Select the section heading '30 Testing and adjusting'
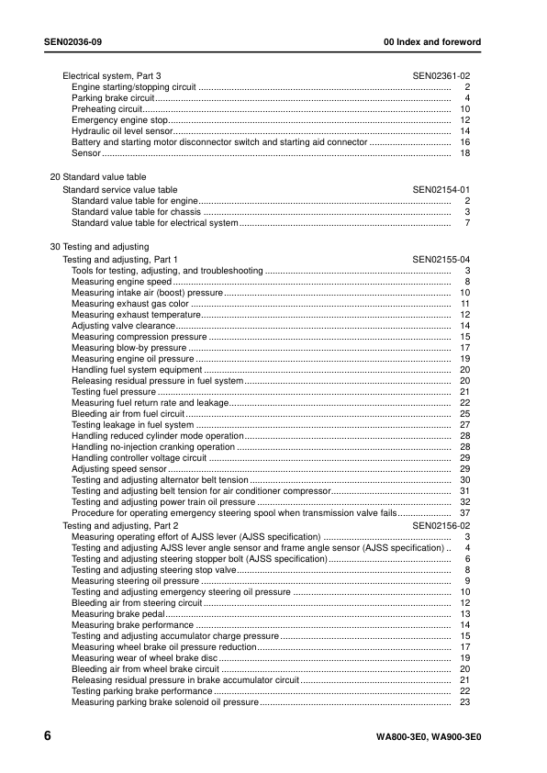pyautogui.click(x=99, y=248)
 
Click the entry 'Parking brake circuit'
pyautogui.click(x=113, y=98)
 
